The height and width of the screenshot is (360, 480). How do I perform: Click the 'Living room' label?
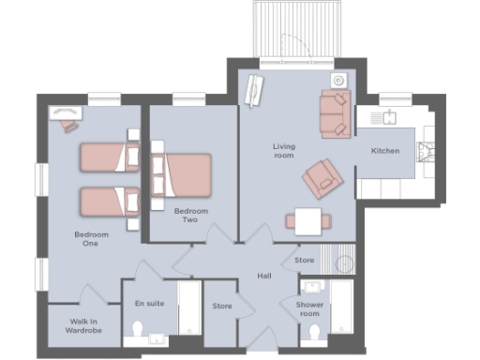pyautogui.click(x=283, y=151)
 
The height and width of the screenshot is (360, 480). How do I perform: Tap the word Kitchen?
pyautogui.click(x=385, y=151)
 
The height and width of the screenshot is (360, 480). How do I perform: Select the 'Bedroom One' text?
pyautogui.click(x=91, y=238)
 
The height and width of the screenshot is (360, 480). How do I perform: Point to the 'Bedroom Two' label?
pyautogui.click(x=190, y=217)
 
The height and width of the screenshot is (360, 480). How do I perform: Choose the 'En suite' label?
pyautogui.click(x=149, y=303)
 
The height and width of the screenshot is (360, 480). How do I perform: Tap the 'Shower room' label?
pyautogui.click(x=309, y=309)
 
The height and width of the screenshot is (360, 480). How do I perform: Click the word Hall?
pyautogui.click(x=265, y=276)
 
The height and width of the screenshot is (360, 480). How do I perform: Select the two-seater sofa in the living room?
pyautogui.click(x=335, y=112)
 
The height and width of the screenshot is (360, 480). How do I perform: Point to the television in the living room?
pyautogui.click(x=252, y=90)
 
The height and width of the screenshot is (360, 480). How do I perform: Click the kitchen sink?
pyautogui.click(x=385, y=117)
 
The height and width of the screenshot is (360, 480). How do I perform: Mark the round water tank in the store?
pyautogui.click(x=345, y=263)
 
